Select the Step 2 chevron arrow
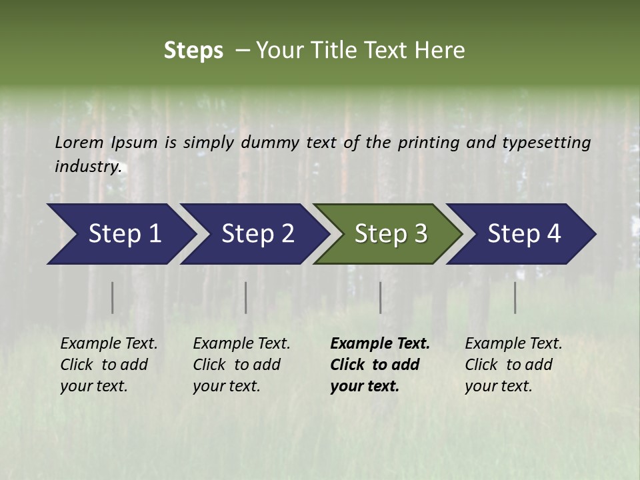pyautogui.click(x=257, y=234)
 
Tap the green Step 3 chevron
pyautogui.click(x=391, y=234)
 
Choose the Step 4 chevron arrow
pyautogui.click(x=524, y=234)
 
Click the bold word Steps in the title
pyautogui.click(x=193, y=51)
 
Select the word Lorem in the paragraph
pyautogui.click(x=79, y=143)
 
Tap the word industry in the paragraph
pyautogui.click(x=88, y=167)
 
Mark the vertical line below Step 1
pyautogui.click(x=112, y=297)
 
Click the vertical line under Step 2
pyautogui.click(x=246, y=297)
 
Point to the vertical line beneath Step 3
pyautogui.click(x=380, y=297)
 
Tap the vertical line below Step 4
pyautogui.click(x=515, y=297)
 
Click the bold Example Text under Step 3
pyautogui.click(x=380, y=364)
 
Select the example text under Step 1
pyautogui.click(x=109, y=364)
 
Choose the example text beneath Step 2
pyautogui.click(x=241, y=364)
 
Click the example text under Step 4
pyautogui.click(x=513, y=364)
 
